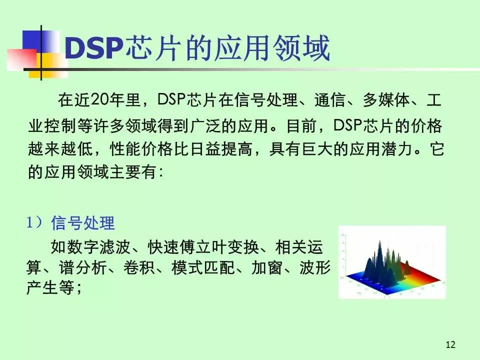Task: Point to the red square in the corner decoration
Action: (x=19, y=58)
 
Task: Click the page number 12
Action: (x=450, y=344)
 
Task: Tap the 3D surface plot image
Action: (x=392, y=262)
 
